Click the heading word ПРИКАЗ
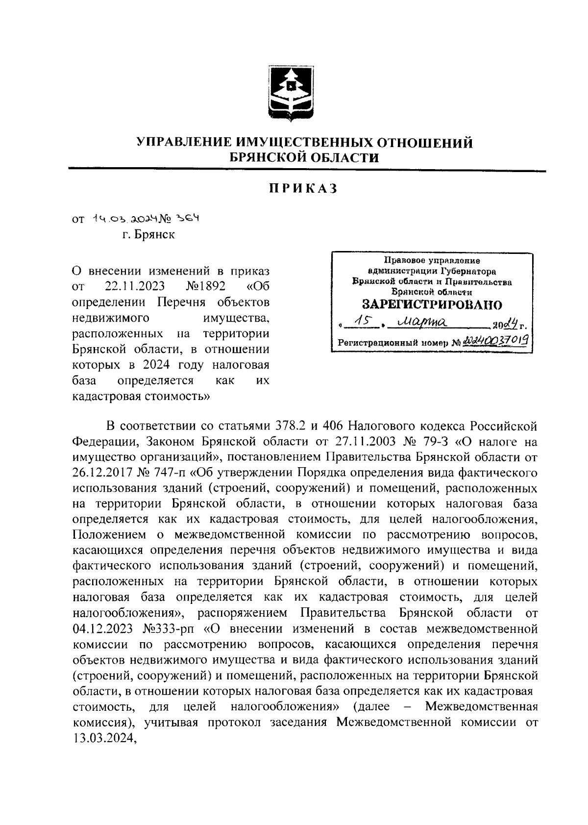[303, 189]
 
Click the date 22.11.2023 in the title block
[134, 286]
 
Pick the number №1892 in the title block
[206, 286]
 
